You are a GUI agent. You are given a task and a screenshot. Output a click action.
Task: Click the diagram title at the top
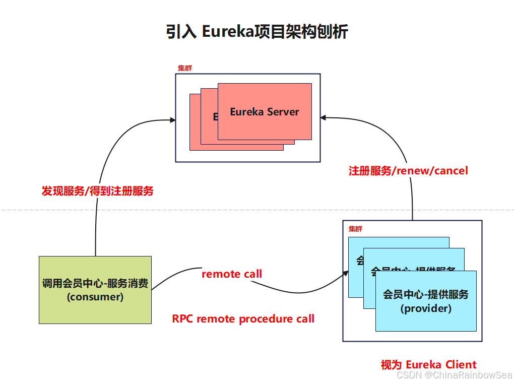tap(257, 32)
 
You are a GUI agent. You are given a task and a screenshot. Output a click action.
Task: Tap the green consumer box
tap(95, 290)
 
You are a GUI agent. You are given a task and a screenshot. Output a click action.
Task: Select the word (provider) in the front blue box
tap(426, 308)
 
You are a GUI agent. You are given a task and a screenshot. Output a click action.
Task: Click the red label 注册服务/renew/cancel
tap(408, 171)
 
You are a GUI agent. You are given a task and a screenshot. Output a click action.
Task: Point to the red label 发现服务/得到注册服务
tap(97, 191)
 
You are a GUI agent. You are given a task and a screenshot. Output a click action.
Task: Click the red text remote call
tap(232, 274)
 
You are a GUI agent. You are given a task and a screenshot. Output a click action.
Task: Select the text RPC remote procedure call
tap(243, 319)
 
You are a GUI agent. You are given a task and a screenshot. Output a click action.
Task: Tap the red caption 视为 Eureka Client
tap(428, 365)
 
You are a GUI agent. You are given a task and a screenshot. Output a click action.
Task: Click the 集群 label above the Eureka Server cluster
tap(185, 69)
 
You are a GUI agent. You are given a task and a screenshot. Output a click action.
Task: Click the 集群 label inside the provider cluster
tap(355, 229)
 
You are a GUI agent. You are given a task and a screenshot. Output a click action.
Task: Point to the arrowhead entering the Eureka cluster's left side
tap(173, 120)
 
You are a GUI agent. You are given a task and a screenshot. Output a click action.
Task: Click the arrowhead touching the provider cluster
tap(346, 273)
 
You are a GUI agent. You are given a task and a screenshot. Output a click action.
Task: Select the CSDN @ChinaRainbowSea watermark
tap(454, 375)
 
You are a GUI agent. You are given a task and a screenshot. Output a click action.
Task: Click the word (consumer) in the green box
tap(95, 297)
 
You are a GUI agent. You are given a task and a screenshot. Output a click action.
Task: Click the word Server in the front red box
tap(283, 112)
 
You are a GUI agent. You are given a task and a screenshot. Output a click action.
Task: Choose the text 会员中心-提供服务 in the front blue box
tap(426, 294)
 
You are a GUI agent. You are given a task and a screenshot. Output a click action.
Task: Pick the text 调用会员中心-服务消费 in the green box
tap(95, 283)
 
